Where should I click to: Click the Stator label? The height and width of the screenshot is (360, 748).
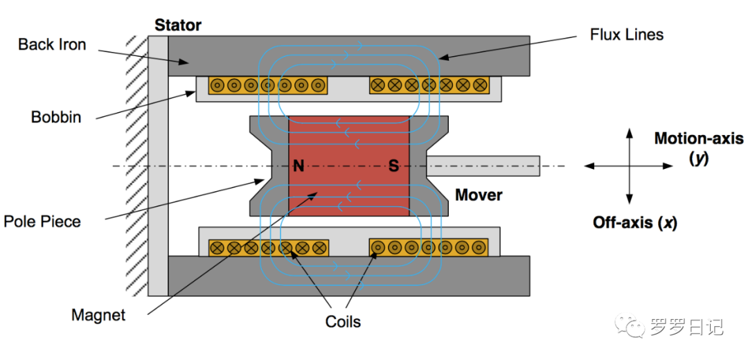[x=178, y=26]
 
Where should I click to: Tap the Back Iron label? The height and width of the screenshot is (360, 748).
[x=52, y=45]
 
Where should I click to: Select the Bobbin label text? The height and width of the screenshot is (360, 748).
[x=56, y=117]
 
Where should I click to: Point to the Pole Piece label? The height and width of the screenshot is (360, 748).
[x=42, y=222]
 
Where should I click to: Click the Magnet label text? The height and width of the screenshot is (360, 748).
[x=98, y=316]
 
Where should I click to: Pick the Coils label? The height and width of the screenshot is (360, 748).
[x=343, y=321]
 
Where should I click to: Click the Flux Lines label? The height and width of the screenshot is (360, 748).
[x=626, y=34]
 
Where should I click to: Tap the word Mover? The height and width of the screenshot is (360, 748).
[x=479, y=195]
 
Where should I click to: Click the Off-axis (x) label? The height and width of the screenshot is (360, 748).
[x=635, y=223]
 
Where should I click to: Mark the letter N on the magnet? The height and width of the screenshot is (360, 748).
[x=299, y=166]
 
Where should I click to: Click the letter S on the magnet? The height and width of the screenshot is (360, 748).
[x=393, y=166]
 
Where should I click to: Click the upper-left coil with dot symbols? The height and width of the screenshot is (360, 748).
[x=268, y=86]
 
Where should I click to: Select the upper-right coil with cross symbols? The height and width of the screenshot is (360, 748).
[x=430, y=86]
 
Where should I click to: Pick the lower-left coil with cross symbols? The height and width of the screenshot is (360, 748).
[x=268, y=247]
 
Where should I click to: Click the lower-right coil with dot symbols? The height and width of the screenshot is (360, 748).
[x=430, y=247]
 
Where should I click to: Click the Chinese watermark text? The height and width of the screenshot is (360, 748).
[x=686, y=326]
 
